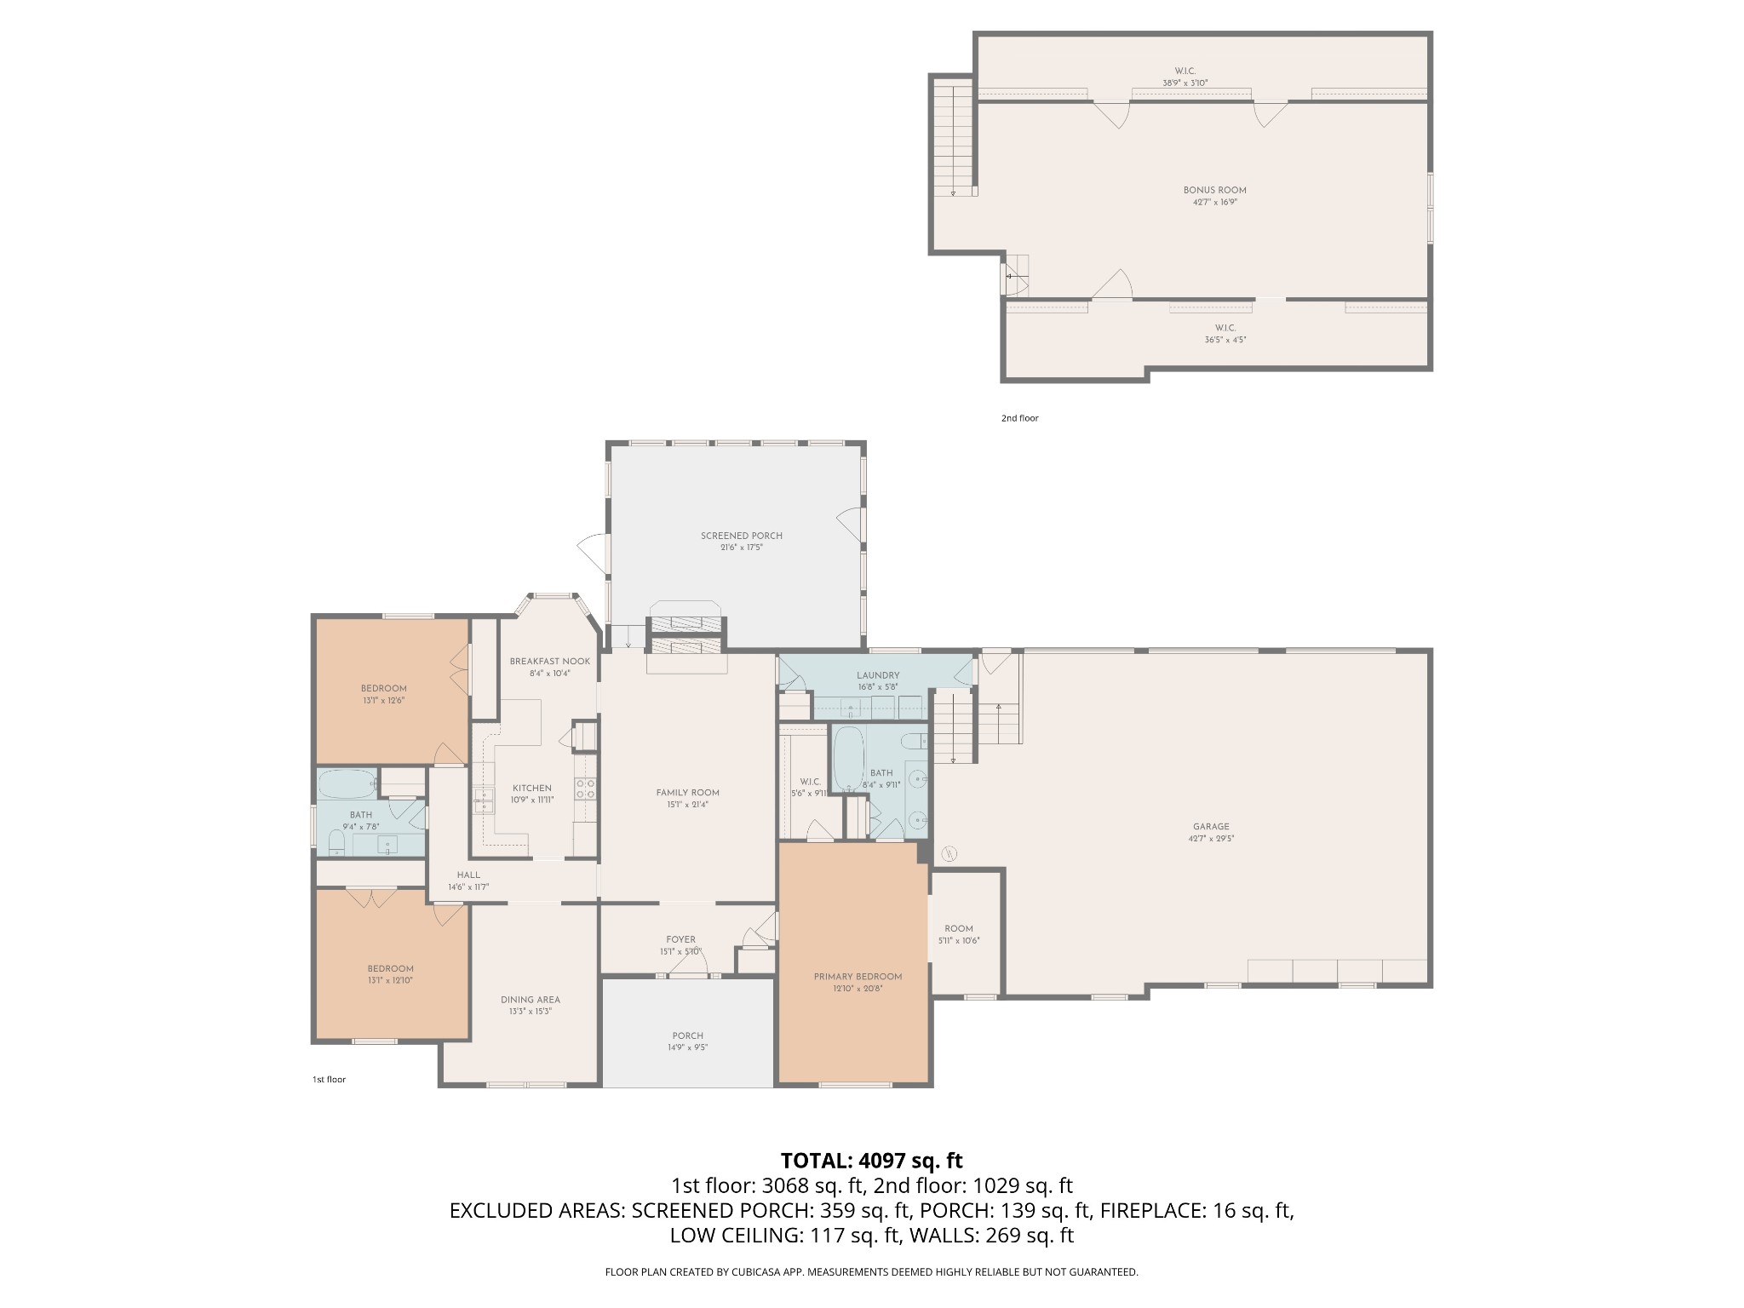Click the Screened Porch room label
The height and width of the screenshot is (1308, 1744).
pyautogui.click(x=741, y=536)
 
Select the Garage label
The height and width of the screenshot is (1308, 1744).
pyautogui.click(x=1211, y=826)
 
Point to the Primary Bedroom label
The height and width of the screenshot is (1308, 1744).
pyautogui.click(x=858, y=977)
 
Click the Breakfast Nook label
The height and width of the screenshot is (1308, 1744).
pyautogui.click(x=549, y=661)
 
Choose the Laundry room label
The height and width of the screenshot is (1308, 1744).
pyautogui.click(x=878, y=675)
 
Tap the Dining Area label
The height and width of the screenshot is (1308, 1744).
pyautogui.click(x=530, y=1000)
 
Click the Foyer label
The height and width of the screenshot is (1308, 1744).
pyautogui.click(x=681, y=939)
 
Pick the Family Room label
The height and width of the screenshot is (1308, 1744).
pyautogui.click(x=687, y=793)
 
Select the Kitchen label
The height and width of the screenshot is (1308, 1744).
pyautogui.click(x=532, y=788)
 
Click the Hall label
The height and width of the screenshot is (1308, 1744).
pyautogui.click(x=468, y=875)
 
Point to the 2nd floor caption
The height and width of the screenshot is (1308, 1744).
pyautogui.click(x=1019, y=418)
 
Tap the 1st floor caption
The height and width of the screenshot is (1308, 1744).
pyautogui.click(x=329, y=1080)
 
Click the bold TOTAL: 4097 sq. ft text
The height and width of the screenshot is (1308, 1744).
pyautogui.click(x=872, y=1161)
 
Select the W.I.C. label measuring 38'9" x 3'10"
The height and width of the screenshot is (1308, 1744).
pyautogui.click(x=1185, y=71)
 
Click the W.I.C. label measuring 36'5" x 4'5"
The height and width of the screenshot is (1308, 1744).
pyautogui.click(x=1225, y=328)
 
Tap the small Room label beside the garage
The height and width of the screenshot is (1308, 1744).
pyautogui.click(x=959, y=929)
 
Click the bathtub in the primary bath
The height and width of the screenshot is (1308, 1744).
pyautogui.click(x=846, y=759)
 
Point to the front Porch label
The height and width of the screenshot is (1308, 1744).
pyautogui.click(x=687, y=1035)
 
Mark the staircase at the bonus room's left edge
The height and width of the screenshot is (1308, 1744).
pyautogui.click(x=953, y=137)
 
